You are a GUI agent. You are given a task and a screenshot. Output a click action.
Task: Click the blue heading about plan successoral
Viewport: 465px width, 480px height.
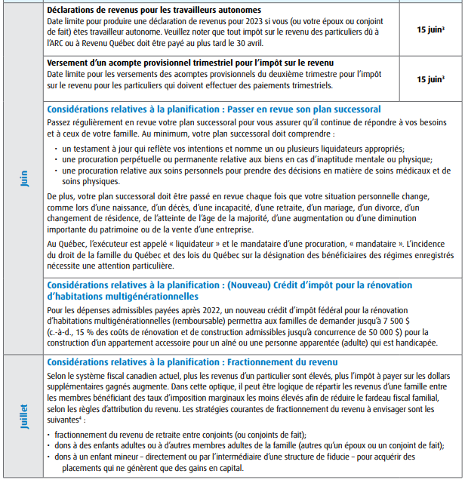pos(214,109)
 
